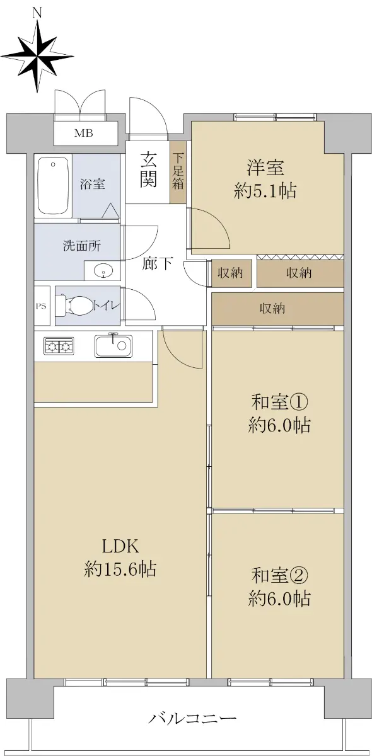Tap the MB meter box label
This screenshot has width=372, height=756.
click(84, 134)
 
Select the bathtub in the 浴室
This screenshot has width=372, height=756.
click(54, 186)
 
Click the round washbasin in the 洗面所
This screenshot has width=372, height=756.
click(102, 271)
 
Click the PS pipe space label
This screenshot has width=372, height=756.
click(41, 306)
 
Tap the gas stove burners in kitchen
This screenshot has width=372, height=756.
click(59, 346)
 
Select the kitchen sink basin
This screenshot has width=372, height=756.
click(113, 346)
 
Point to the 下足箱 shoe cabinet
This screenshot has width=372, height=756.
click(178, 172)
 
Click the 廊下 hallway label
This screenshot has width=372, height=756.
click(158, 263)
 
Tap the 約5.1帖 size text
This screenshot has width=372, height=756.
click(265, 191)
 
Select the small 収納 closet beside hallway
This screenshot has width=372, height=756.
click(231, 273)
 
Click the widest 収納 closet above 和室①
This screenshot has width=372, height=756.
click(277, 309)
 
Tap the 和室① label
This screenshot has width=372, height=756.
click(279, 403)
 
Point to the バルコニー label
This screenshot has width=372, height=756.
click(193, 718)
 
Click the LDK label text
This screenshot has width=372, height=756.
click(120, 546)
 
